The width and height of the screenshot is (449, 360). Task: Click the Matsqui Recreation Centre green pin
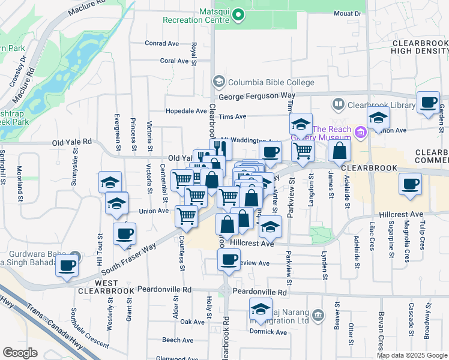click(239, 14)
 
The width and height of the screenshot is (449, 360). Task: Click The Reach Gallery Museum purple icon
click(361, 131)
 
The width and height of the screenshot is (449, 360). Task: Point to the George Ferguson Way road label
click(257, 96)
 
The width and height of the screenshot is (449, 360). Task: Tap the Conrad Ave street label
click(162, 43)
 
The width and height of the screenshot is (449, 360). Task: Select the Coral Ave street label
click(175, 61)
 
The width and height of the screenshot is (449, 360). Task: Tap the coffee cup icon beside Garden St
click(429, 102)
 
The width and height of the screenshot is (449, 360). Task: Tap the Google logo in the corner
click(20, 353)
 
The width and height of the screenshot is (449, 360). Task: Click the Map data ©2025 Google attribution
click(411, 355)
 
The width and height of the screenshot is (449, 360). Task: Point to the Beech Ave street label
click(177, 340)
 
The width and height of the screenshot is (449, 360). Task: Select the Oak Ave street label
click(193, 322)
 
